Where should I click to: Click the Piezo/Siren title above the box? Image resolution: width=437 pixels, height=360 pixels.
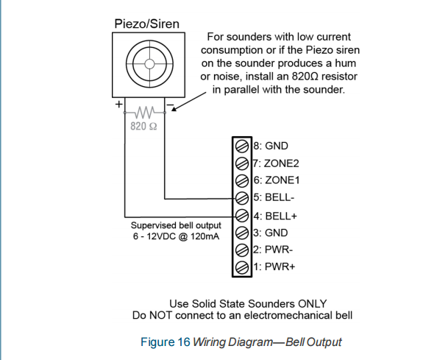pyautogui.click(x=147, y=24)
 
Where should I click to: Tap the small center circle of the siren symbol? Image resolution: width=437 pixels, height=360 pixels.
pyautogui.click(x=149, y=64)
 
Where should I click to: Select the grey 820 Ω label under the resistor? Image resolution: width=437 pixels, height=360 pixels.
pyautogui.click(x=143, y=126)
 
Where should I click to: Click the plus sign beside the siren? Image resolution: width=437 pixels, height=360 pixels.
pyautogui.click(x=118, y=105)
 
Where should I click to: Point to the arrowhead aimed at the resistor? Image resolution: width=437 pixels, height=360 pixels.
pyautogui.click(x=174, y=109)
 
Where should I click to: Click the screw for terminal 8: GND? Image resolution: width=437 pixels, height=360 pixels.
pyautogui.click(x=242, y=146)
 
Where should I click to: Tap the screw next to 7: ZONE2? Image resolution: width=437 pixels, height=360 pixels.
pyautogui.click(x=242, y=163)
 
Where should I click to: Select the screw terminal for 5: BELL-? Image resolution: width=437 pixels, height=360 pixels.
pyautogui.click(x=242, y=198)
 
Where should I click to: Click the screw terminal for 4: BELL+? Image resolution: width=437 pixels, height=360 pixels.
pyautogui.click(x=242, y=216)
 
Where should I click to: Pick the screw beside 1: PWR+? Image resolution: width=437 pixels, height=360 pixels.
pyautogui.click(x=242, y=267)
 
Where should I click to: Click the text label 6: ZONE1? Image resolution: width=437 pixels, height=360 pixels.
pyautogui.click(x=277, y=180)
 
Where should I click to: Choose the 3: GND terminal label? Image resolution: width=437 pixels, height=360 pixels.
pyautogui.click(x=271, y=233)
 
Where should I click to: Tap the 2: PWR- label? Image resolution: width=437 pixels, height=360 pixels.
pyautogui.click(x=273, y=250)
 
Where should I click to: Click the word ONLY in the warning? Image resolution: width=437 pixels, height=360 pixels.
pyautogui.click(x=312, y=303)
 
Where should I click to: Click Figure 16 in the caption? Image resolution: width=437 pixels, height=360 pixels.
pyautogui.click(x=166, y=342)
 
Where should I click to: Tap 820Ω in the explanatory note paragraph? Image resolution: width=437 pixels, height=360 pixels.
pyautogui.click(x=305, y=76)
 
